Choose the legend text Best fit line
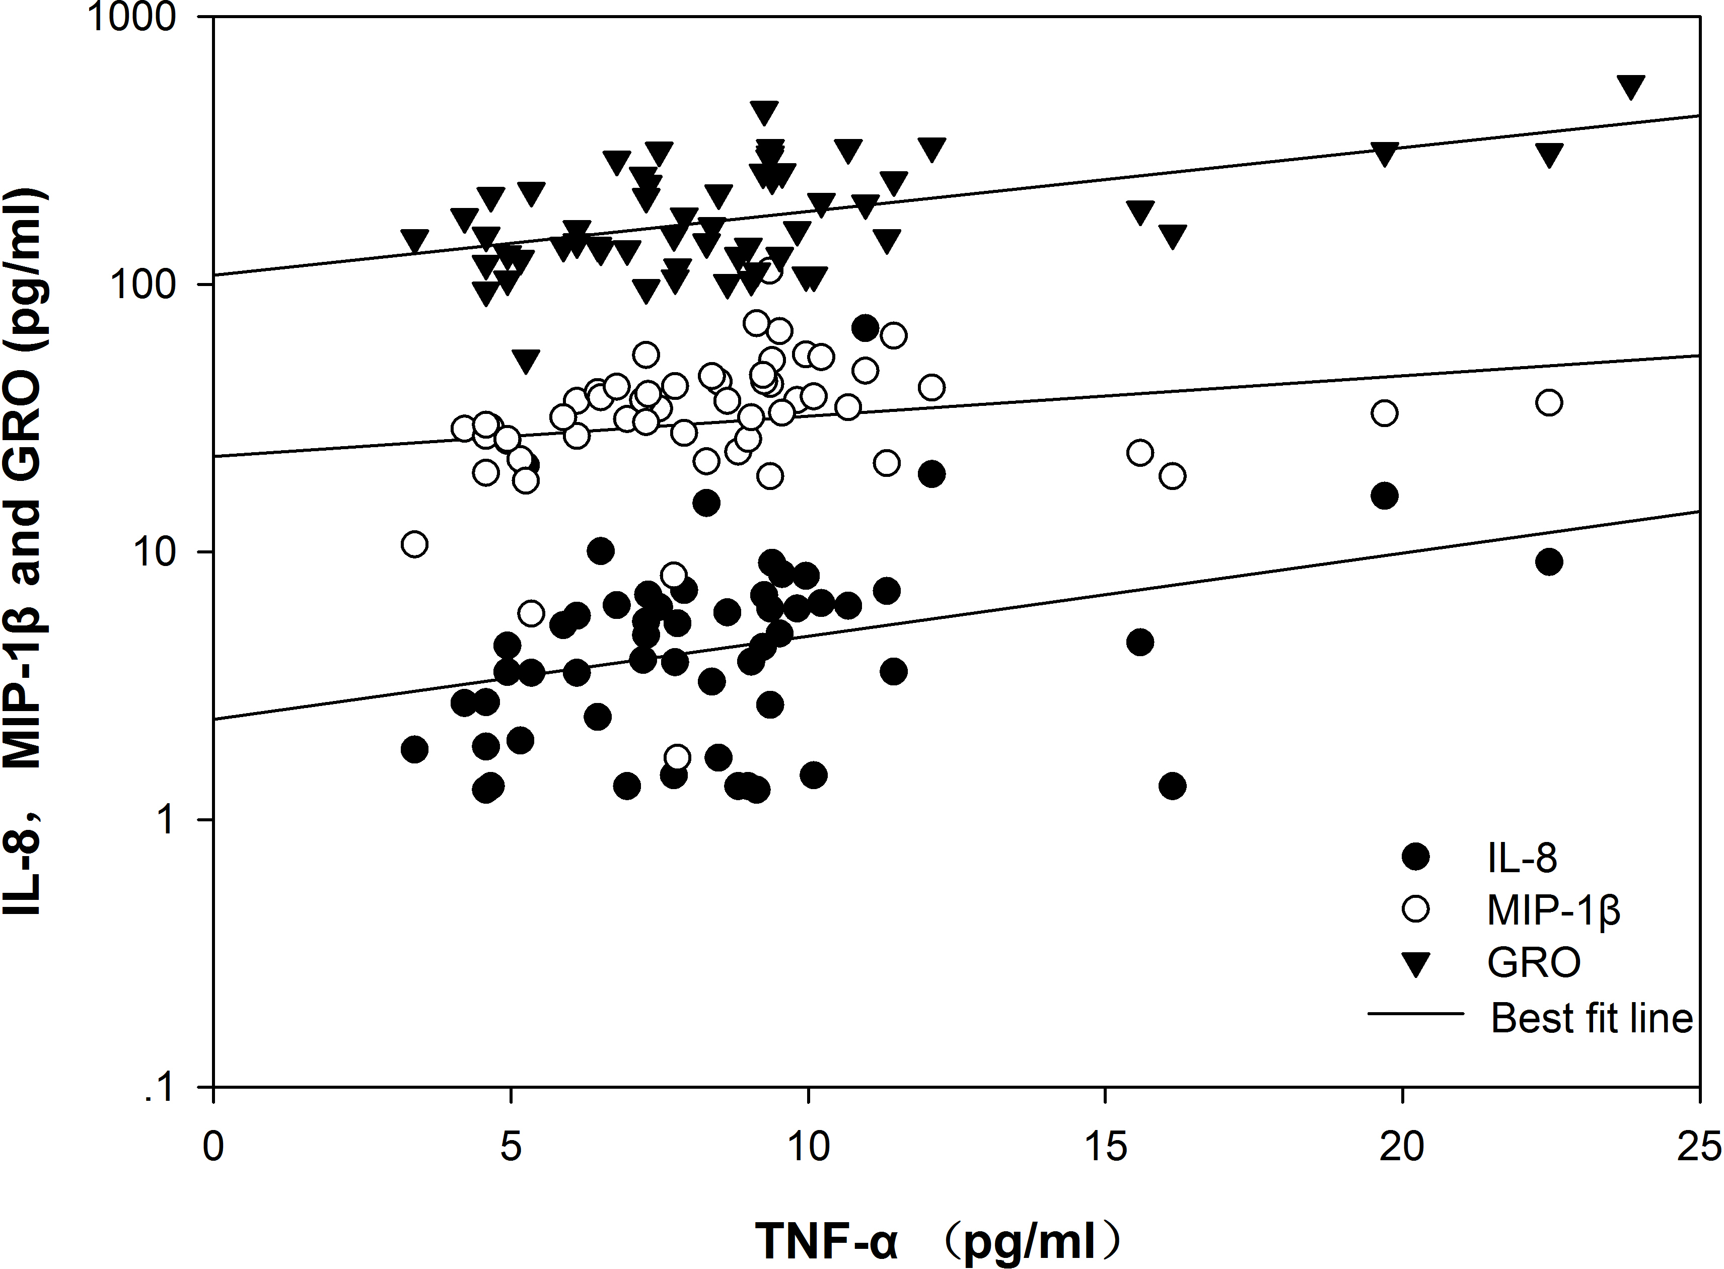coord(1591,1018)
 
